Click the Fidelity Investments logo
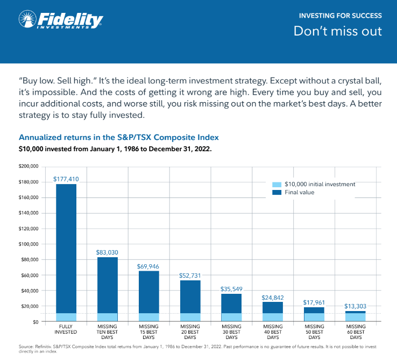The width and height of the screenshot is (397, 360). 60,20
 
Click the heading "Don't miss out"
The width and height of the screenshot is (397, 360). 337,31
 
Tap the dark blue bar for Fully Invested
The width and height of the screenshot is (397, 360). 66,248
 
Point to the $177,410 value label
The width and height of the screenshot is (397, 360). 66,179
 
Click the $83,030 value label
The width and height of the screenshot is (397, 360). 108,252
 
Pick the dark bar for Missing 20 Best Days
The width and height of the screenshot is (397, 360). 190,297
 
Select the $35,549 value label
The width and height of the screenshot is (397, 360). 232,289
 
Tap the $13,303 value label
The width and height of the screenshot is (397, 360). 356,306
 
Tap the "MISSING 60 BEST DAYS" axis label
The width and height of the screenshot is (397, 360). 356,331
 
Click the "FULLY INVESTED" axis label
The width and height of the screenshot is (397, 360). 66,329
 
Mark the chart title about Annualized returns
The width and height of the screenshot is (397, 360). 119,137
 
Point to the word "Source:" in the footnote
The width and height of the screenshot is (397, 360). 26,346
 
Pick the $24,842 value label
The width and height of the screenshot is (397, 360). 273,297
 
